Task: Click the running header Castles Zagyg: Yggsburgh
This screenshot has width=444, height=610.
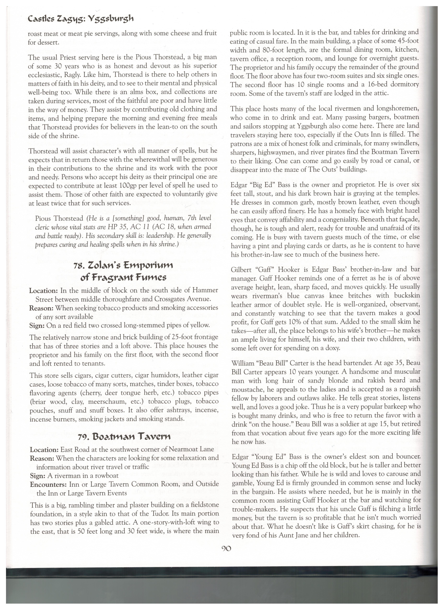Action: coord(80,19)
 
